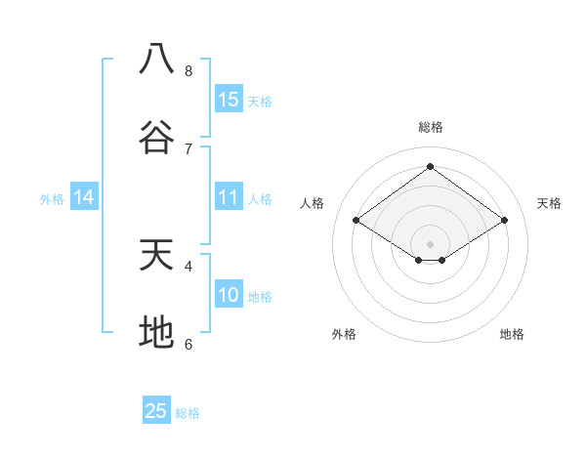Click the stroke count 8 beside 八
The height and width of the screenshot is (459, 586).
click(x=188, y=71)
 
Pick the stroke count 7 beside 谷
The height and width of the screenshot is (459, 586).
click(x=188, y=148)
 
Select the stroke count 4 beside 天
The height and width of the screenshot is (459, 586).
click(x=188, y=266)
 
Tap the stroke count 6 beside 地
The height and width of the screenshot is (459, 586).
click(x=188, y=344)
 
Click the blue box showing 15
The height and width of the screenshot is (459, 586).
click(x=229, y=100)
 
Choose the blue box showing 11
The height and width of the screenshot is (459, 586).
click(x=229, y=197)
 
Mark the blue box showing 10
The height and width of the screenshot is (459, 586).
click(x=229, y=295)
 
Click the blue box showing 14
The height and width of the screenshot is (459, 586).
click(x=84, y=197)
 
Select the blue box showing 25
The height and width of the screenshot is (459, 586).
click(x=156, y=411)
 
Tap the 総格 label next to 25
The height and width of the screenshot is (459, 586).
click(x=188, y=413)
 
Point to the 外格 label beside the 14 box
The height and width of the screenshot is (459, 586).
click(x=52, y=199)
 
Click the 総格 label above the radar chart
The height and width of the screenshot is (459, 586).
click(x=430, y=127)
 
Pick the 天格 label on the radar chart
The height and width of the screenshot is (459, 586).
click(x=550, y=203)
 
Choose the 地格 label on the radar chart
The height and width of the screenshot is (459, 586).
click(x=512, y=334)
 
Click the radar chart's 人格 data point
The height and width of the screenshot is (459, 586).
click(x=356, y=221)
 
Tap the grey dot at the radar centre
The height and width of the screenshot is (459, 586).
click(x=430, y=243)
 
